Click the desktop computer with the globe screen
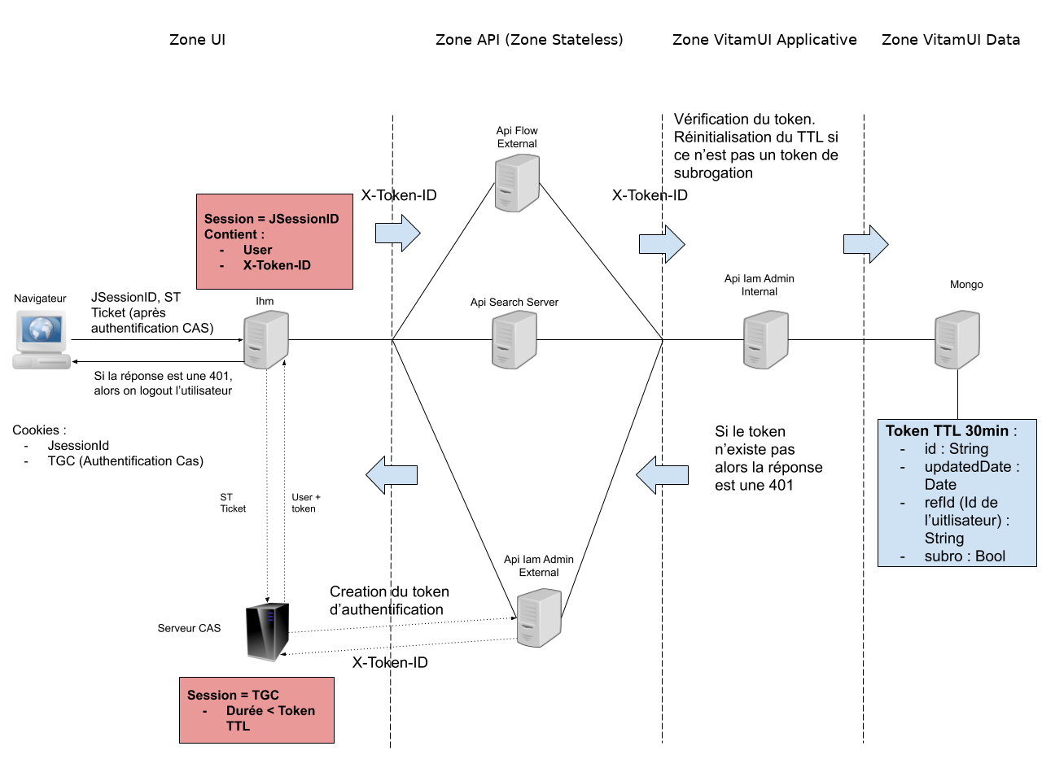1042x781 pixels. click(42, 339)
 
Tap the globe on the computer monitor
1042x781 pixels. click(42, 329)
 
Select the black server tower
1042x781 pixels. click(267, 631)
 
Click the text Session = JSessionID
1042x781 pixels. click(271, 219)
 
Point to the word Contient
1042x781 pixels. click(230, 234)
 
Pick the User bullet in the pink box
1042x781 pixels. click(257, 250)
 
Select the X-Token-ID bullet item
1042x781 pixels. click(277, 265)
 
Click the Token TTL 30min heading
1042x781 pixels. click(947, 431)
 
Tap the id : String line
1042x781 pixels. click(956, 449)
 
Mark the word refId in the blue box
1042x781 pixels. click(939, 503)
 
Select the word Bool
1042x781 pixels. click(990, 556)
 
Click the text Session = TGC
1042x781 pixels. click(233, 696)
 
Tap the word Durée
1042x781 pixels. click(244, 711)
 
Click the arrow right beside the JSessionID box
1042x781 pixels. click(397, 233)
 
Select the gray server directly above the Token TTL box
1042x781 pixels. click(957, 339)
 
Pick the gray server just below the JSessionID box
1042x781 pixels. click(266, 339)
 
